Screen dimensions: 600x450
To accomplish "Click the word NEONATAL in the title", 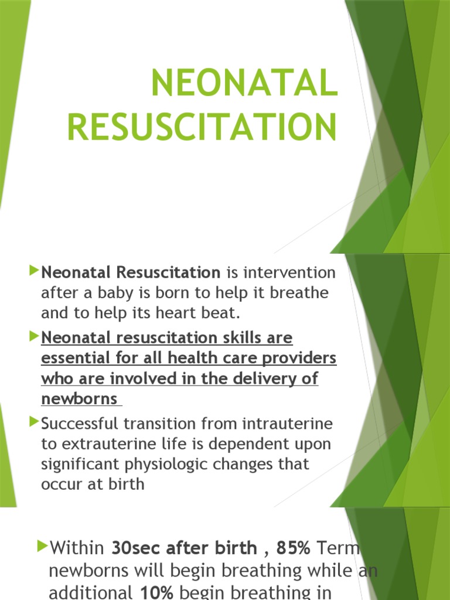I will click(244, 84).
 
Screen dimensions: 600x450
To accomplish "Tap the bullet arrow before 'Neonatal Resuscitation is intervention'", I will click(33, 271).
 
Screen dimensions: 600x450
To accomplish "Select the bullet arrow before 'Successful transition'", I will click(33, 421).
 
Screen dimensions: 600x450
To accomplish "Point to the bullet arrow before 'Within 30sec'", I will click(42, 547).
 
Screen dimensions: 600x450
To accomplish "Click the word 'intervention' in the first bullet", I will click(289, 272).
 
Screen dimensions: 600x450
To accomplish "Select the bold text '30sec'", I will click(136, 548).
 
